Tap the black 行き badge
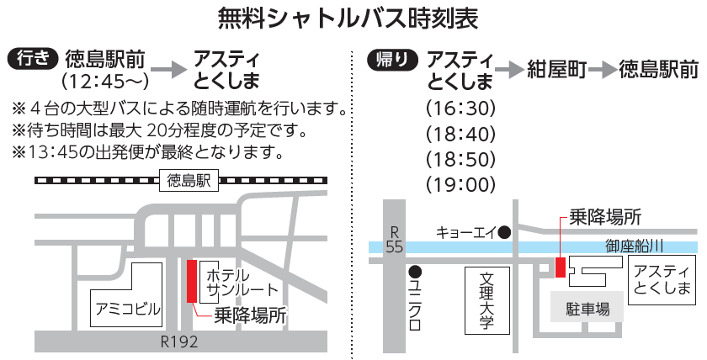(x=33, y=59)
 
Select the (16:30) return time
(x=460, y=109)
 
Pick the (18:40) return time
(x=460, y=134)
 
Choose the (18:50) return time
(x=460, y=159)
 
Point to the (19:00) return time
(x=460, y=184)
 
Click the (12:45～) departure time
(x=105, y=82)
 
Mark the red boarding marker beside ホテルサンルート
(x=191, y=282)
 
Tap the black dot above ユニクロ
(x=414, y=272)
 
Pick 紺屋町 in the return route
(x=555, y=70)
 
